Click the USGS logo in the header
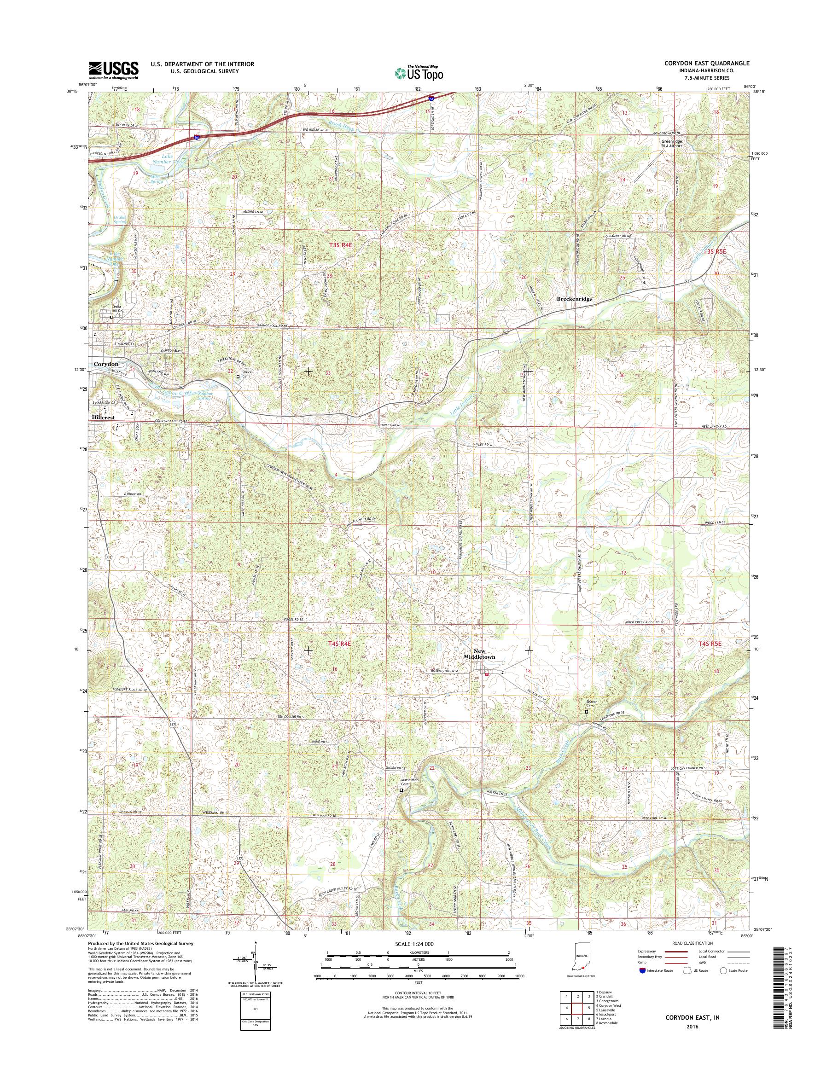tap(113, 70)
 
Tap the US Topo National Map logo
tap(419, 72)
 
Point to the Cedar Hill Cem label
tap(112, 307)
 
